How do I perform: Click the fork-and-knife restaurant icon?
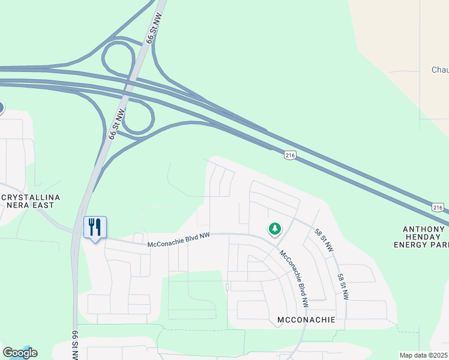tap(95, 227)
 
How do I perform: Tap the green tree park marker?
tap(275, 229)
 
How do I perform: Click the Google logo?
tap(20, 352)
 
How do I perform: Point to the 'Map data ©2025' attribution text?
tap(424, 355)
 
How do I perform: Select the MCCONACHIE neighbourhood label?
tap(306, 321)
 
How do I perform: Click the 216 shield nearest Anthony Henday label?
tap(438, 207)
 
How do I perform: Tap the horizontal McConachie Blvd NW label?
tap(179, 239)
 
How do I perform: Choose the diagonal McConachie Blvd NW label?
tap(294, 278)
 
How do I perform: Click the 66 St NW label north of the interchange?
tap(153, 30)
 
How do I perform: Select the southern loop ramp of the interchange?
tap(140, 118)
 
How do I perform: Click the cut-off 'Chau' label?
tap(440, 70)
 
